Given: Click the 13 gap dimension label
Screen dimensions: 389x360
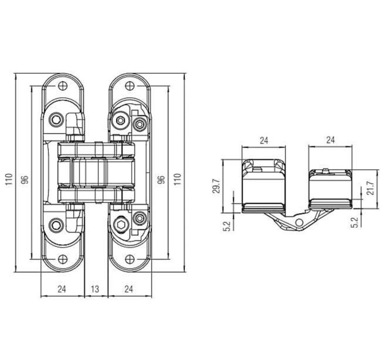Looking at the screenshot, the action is tap(95, 289).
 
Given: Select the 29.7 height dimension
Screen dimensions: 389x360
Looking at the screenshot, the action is tap(216, 186).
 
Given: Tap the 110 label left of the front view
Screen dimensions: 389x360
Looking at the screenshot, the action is tap(9, 180).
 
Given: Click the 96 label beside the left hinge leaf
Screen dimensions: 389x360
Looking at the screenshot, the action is tap(25, 179).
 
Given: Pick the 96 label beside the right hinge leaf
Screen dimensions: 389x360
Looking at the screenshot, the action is tap(161, 179).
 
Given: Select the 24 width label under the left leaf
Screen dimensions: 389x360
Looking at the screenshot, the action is tap(62, 289).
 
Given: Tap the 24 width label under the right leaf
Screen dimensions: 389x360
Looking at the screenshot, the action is tap(129, 289).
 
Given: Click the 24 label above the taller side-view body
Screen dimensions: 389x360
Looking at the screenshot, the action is tap(264, 141).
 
